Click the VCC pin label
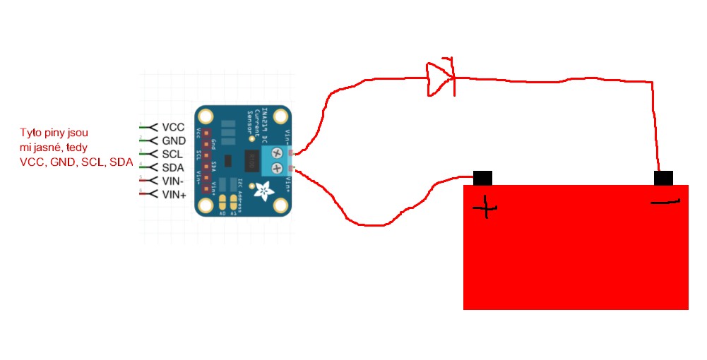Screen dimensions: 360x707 coord(173,128)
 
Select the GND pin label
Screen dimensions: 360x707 coord(174,141)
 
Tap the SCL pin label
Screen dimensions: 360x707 coord(173,155)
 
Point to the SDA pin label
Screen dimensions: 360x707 coord(173,168)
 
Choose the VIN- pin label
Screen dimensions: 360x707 coord(173,181)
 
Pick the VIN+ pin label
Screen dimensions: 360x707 coord(174,194)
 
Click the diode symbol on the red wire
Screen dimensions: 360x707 coord(439,77)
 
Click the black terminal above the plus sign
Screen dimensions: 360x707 coord(483,178)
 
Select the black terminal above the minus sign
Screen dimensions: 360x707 coord(663,178)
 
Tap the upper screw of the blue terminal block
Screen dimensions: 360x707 coord(278,153)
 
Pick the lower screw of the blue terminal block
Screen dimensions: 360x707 coord(278,168)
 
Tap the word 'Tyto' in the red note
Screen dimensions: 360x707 coord(30,132)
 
